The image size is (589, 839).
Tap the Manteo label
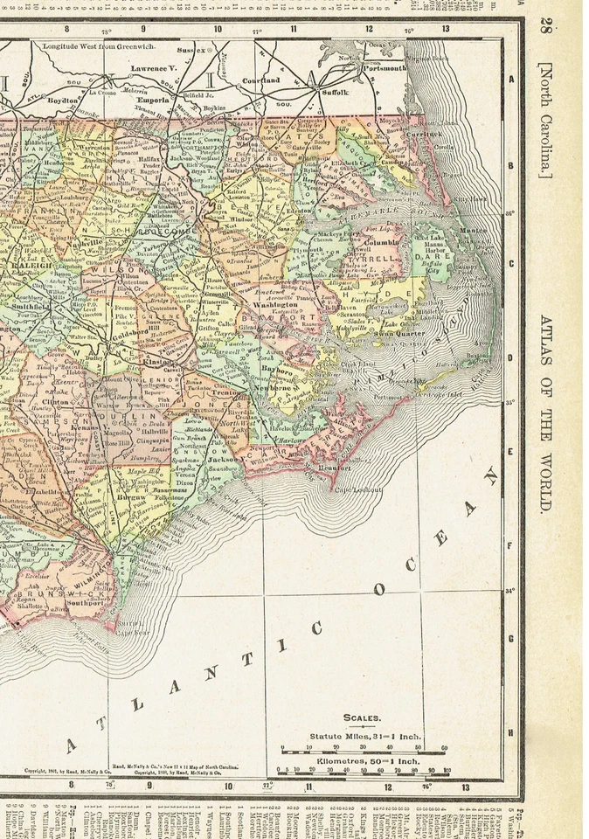pyautogui.click(x=473, y=231)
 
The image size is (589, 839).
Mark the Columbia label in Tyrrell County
pyautogui.click(x=380, y=241)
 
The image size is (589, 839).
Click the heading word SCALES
pyautogui.click(x=362, y=718)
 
